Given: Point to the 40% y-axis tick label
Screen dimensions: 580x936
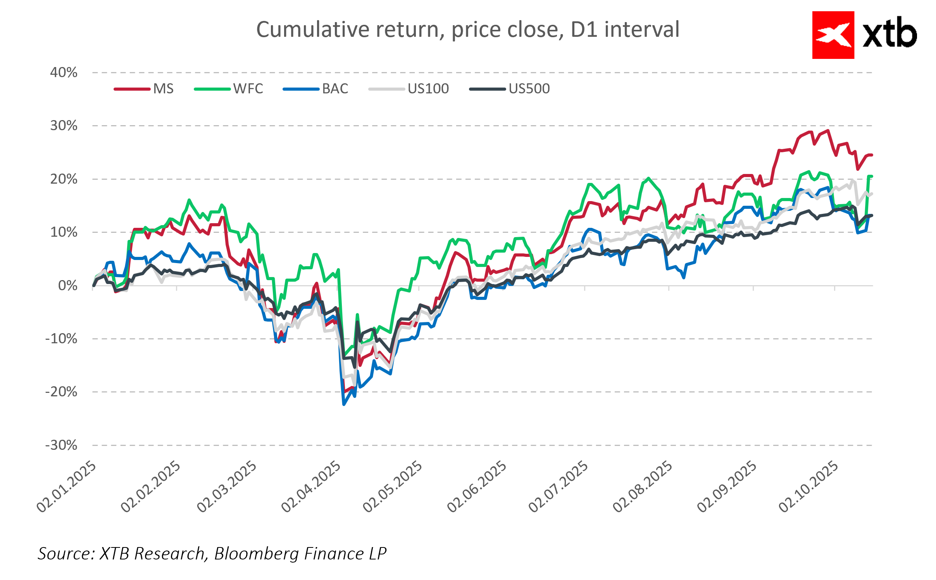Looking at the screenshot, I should (64, 72).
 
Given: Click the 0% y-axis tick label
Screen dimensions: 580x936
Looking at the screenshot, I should (67, 286).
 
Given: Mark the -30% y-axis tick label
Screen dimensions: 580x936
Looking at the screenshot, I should (61, 445).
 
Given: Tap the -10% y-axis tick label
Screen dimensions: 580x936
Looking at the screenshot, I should (61, 339).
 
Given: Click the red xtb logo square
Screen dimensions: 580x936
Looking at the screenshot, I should (833, 35).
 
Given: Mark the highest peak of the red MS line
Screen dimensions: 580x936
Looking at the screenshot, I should (828, 131).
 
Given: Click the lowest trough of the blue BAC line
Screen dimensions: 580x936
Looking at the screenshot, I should (344, 404).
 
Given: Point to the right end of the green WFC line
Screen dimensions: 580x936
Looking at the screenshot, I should (871, 177).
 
